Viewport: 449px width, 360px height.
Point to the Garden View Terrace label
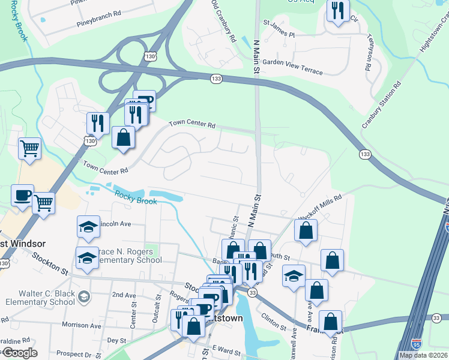pos(292,67)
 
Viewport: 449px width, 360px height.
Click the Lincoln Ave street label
pos(115,224)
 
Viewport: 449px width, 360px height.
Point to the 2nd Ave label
pos(124,295)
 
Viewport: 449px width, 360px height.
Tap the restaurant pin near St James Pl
pos(338,11)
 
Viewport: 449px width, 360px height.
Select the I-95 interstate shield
pos(417,343)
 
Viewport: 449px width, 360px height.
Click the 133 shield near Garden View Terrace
pos(216,79)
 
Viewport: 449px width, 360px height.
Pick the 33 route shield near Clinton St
pos(252,292)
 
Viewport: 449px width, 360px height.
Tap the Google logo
pos(19,353)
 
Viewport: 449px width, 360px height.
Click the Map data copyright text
pos(423,355)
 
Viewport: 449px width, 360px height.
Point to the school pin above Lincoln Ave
pos(88,227)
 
